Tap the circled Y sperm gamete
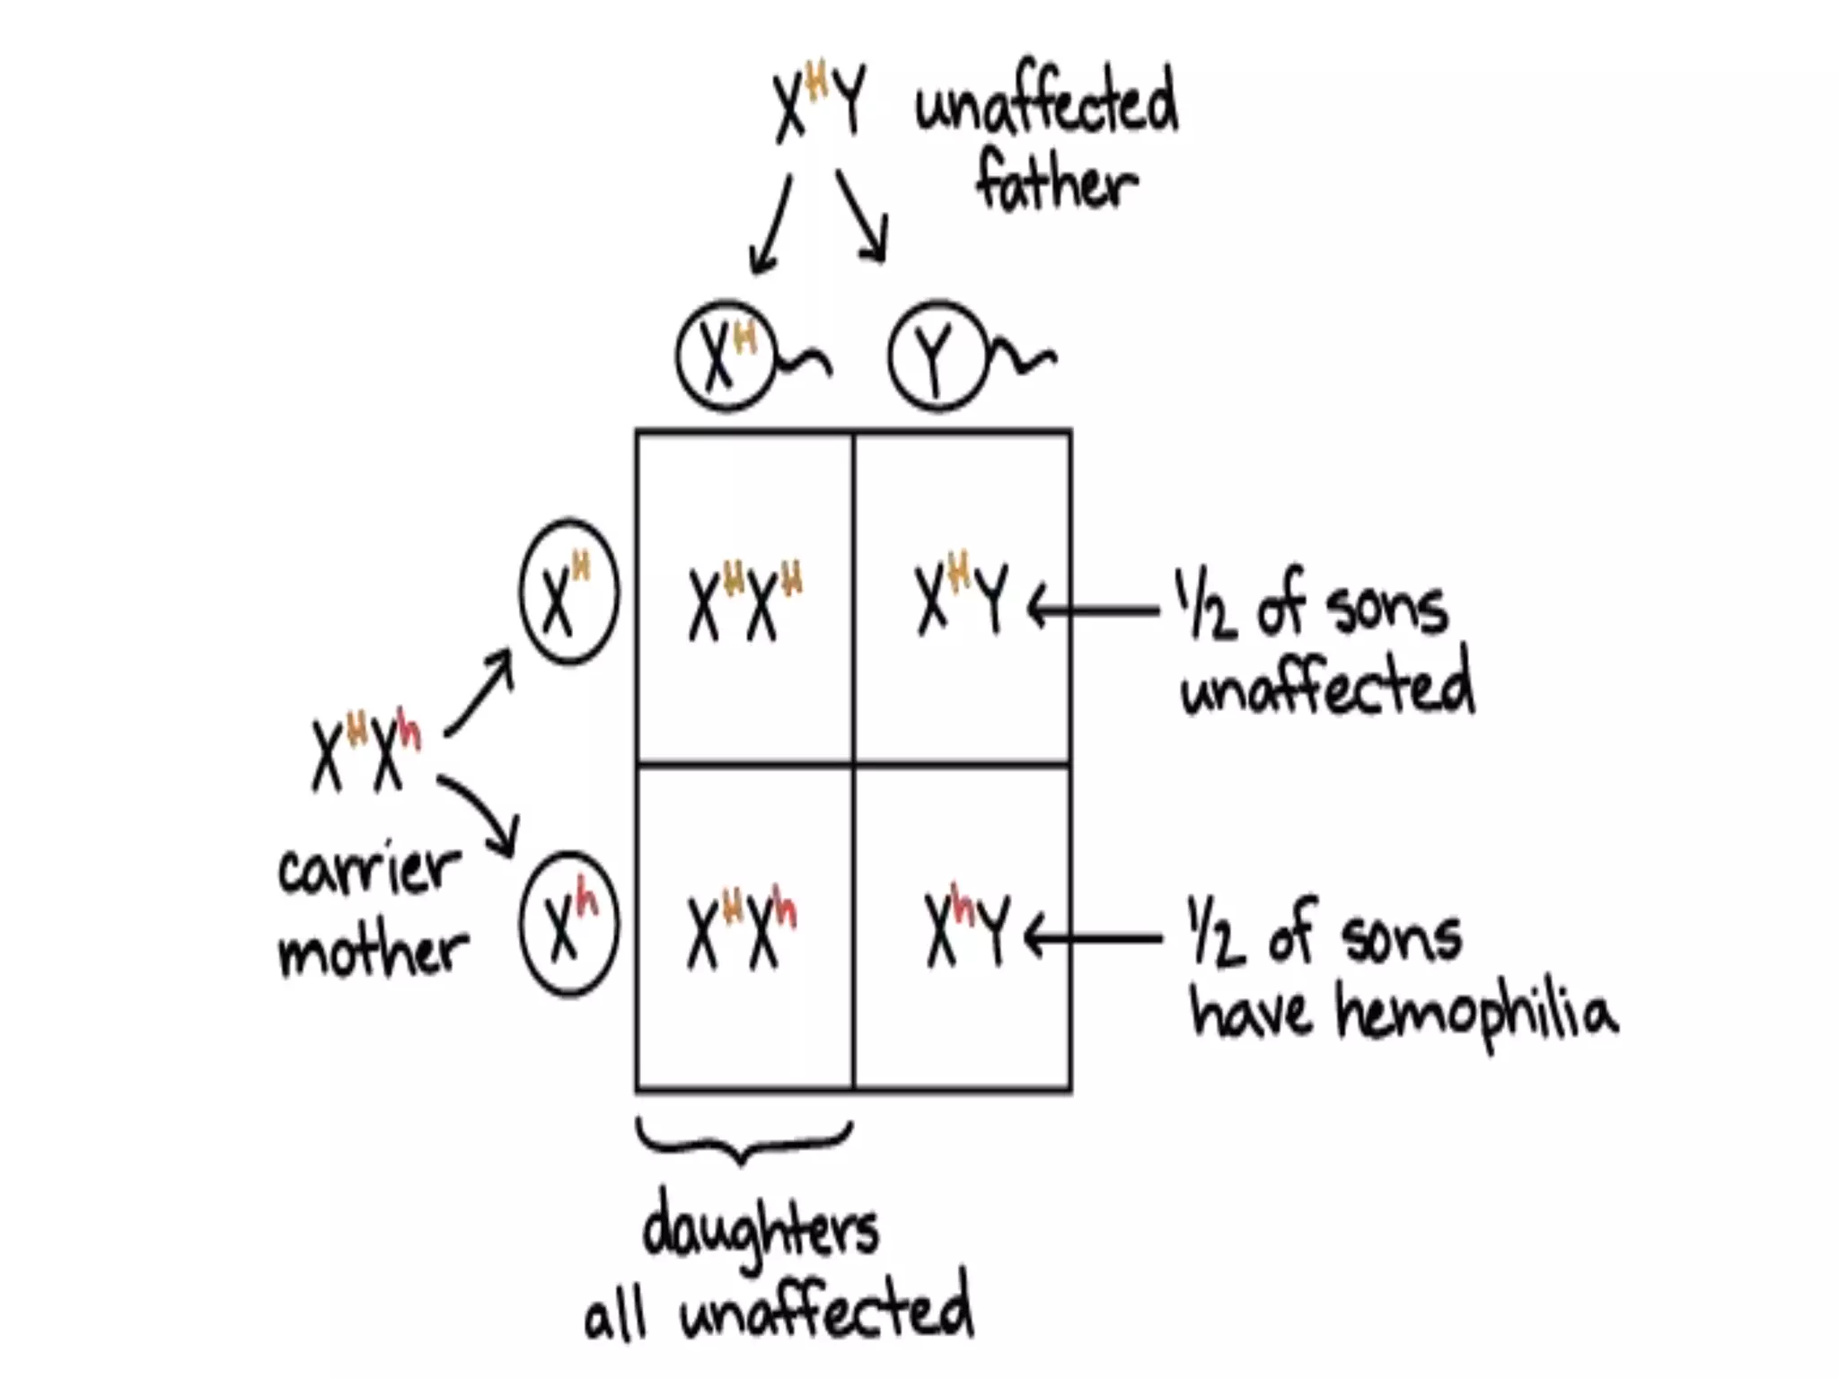coord(937,356)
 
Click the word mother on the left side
coord(373,950)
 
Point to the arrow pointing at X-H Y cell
coord(1094,610)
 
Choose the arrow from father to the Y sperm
coord(862,215)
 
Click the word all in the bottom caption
coord(615,1318)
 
